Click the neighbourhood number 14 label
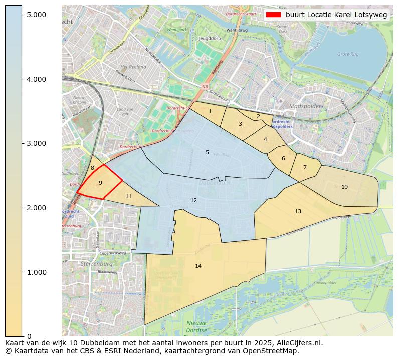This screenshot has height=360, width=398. point(198,266)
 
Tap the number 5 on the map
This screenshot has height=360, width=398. point(207,152)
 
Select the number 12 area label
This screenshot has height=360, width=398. point(194,200)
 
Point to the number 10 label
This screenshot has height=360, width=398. point(344,187)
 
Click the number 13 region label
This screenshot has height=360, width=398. point(298,211)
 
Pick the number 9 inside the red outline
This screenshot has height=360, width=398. point(100,183)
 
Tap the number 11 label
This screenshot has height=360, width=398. point(128,196)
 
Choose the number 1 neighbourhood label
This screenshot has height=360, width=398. point(210,111)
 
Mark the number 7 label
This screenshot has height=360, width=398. point(305,167)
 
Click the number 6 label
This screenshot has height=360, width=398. point(283,158)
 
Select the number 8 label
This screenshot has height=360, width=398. point(92,168)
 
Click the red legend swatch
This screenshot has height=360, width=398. point(273,15)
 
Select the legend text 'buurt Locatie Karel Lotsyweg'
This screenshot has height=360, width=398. point(336,15)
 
